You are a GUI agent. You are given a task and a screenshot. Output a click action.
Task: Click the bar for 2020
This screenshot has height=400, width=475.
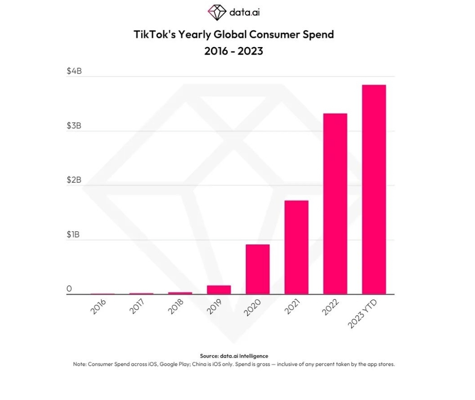258,269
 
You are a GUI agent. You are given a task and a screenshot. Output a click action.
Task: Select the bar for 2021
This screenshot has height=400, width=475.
296,247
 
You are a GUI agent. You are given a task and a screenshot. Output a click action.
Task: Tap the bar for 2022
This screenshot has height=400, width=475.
335,204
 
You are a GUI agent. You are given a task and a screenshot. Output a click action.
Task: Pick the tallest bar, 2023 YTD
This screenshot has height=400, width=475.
374,189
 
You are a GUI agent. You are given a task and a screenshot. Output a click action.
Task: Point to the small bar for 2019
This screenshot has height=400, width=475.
219,289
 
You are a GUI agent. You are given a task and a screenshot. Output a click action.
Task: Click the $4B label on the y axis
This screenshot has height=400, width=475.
74,71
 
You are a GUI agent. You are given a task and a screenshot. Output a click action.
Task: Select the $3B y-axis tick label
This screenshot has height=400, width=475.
74,126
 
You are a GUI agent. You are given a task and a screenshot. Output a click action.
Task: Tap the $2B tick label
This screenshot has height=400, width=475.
74,180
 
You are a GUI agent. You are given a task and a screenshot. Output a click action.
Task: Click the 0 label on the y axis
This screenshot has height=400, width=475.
69,289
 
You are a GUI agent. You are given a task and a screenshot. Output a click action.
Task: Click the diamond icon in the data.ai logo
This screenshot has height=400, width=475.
216,12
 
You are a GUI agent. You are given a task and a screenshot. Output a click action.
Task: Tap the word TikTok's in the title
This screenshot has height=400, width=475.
153,34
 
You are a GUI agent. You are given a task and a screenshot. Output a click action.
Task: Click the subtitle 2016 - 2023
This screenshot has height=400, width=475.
234,51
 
